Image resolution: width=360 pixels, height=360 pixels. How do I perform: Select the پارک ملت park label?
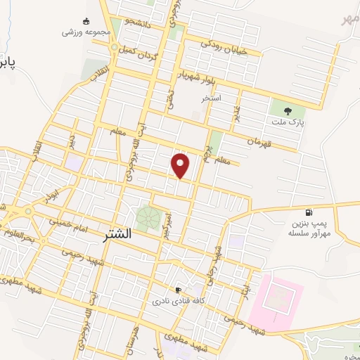[287, 122]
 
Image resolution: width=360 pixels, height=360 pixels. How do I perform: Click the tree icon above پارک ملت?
[287, 110]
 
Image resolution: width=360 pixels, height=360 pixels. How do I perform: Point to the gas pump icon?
[308, 212]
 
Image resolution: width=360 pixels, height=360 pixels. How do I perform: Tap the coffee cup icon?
[178, 290]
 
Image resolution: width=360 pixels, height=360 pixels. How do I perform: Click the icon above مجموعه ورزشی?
[86, 21]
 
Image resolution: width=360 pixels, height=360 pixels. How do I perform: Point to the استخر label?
[212, 98]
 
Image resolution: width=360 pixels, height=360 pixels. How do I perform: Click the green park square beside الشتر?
[148, 217]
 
